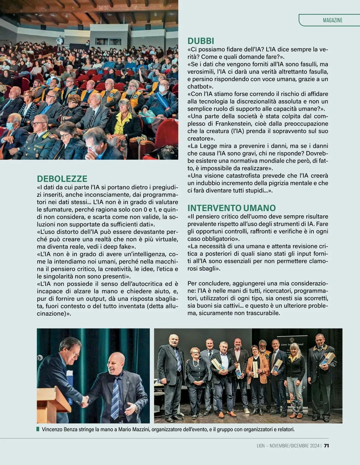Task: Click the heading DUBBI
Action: pos(201,41)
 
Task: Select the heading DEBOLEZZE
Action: pos(62,179)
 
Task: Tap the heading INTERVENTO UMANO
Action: pos(232,208)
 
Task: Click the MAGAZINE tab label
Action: pos(332,20)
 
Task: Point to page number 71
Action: pos(326,446)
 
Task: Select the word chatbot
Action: pos(199,87)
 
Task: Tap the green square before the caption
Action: pos(38,429)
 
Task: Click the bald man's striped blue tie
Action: pos(115,396)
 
